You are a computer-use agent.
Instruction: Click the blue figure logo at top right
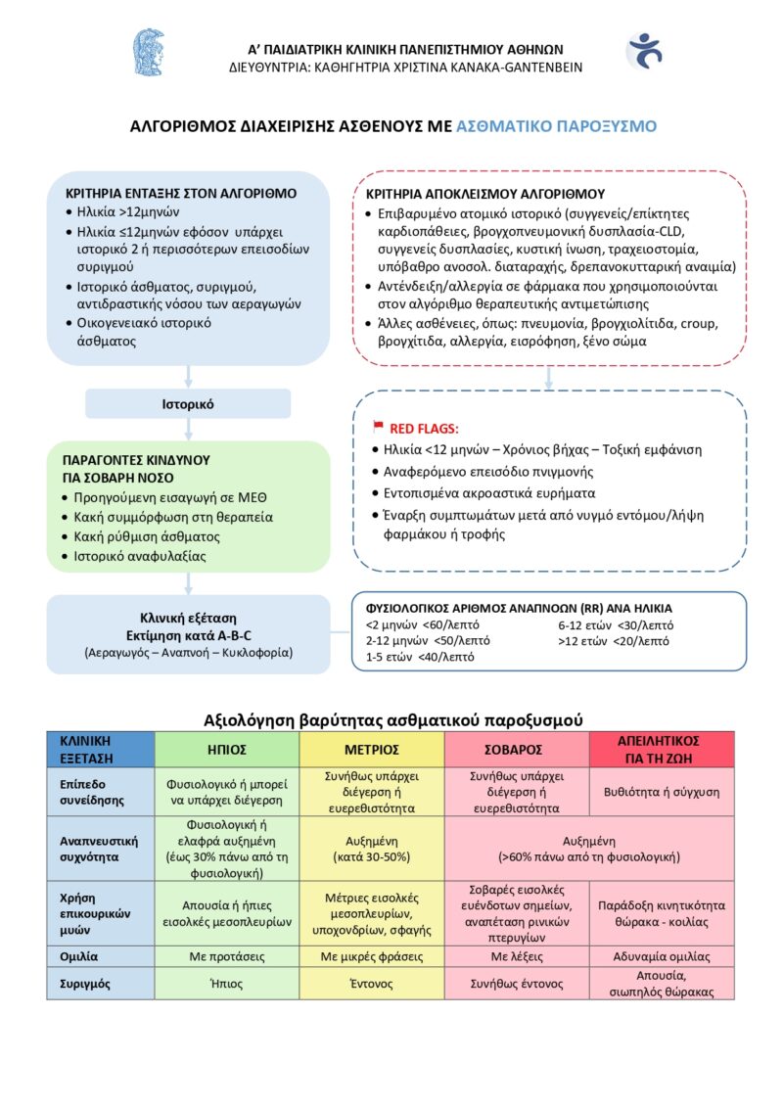point(643,50)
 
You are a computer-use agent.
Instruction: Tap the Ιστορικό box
point(188,403)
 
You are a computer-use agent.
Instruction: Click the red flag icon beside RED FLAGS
point(378,427)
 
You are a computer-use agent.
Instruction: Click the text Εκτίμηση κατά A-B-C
point(188,635)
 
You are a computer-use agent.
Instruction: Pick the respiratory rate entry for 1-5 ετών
point(419,657)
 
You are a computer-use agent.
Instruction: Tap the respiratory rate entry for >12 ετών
point(614,641)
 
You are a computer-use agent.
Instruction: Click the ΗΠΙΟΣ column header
point(227,749)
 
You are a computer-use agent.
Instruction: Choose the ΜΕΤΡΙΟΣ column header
point(372,749)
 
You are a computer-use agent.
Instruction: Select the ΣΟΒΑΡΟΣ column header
point(516,749)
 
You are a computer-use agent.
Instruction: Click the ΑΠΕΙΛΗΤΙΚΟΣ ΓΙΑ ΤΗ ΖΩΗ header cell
point(662,749)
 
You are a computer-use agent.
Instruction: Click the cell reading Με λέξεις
point(516,956)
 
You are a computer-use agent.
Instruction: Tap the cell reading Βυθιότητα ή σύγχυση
point(662,791)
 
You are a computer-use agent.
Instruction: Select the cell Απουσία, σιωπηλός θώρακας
point(662,984)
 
